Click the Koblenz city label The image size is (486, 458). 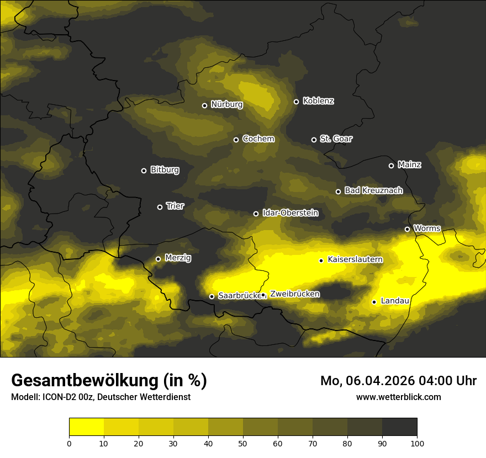[318, 101]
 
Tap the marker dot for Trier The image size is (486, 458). [160, 207]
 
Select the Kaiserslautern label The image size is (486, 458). [355, 259]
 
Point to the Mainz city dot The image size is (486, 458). [391, 166]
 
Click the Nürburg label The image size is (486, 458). [227, 104]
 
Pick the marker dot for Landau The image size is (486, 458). [374, 302]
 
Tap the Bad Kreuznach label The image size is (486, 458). [373, 190]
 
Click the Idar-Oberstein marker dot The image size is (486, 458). [256, 214]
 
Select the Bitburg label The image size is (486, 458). [165, 170]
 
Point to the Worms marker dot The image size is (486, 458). [407, 229]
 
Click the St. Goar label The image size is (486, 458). [336, 139]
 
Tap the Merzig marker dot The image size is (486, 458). [158, 259]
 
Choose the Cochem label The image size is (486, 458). [258, 139]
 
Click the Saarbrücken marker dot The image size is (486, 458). [212, 296]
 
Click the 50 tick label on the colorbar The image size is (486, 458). [243, 443]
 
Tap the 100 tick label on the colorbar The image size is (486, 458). [417, 443]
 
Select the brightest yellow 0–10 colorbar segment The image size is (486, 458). [87, 427]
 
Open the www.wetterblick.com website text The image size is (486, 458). [398, 397]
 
